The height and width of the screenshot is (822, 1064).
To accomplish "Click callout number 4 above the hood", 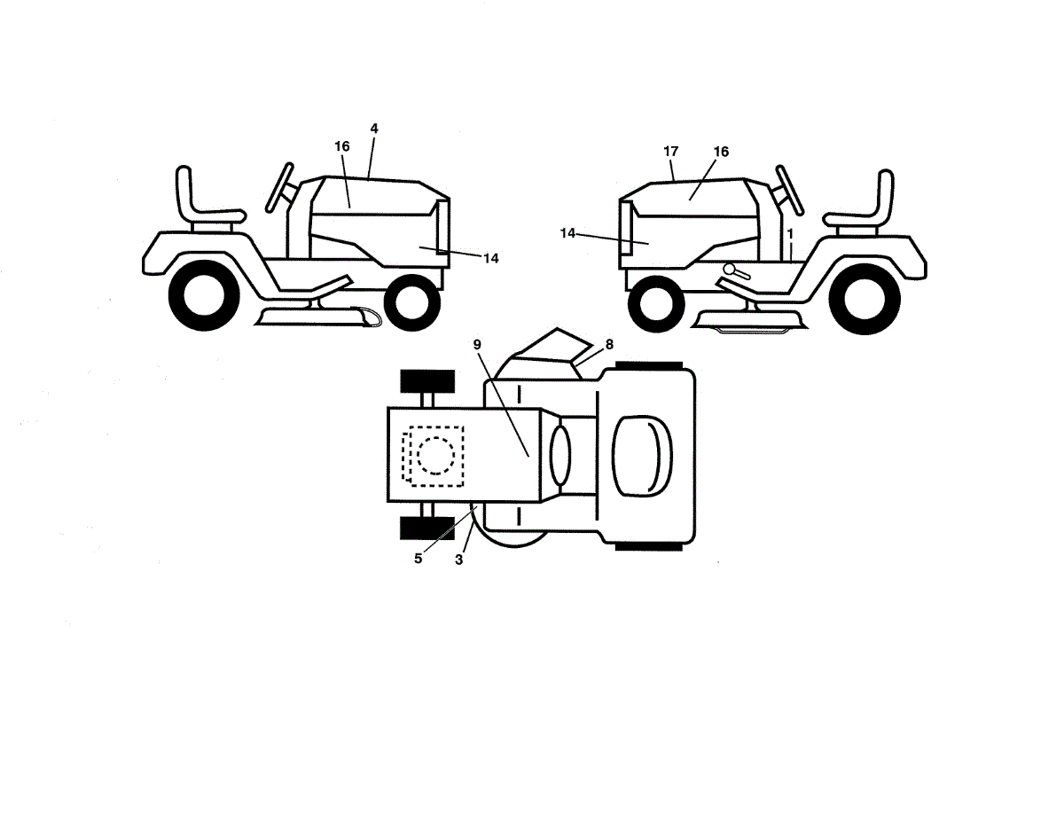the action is coord(374,129).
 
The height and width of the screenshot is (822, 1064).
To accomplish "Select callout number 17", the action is coord(671,152).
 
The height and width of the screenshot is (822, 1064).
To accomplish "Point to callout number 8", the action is coord(609,344).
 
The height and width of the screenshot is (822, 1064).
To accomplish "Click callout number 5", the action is coord(418,559).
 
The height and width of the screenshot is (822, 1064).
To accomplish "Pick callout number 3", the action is coord(459,560).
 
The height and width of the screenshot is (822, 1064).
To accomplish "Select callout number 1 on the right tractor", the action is coord(789,232).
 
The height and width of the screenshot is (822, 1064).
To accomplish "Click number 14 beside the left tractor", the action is coord(491,258).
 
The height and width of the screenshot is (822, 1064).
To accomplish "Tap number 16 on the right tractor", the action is coord(721,153).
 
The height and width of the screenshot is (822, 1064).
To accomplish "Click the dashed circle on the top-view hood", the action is coord(434,455).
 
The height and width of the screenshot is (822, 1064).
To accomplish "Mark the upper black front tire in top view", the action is coord(427,381).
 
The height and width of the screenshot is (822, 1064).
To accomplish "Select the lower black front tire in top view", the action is coord(427,528).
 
